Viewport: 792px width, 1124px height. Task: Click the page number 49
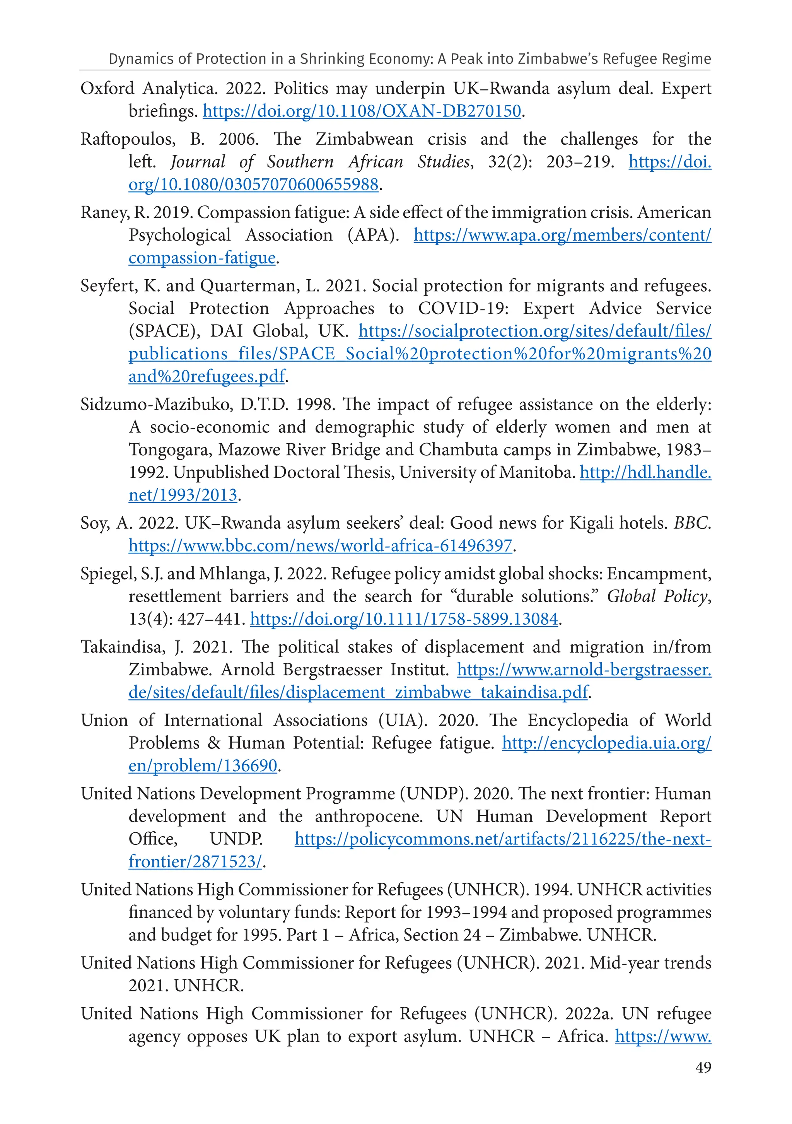coord(703,1067)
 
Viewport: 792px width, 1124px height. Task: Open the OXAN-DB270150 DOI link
coord(362,111)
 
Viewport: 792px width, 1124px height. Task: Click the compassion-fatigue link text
coord(201,258)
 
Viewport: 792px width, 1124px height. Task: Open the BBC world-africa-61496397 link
coord(320,545)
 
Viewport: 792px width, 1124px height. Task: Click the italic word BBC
coord(691,523)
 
